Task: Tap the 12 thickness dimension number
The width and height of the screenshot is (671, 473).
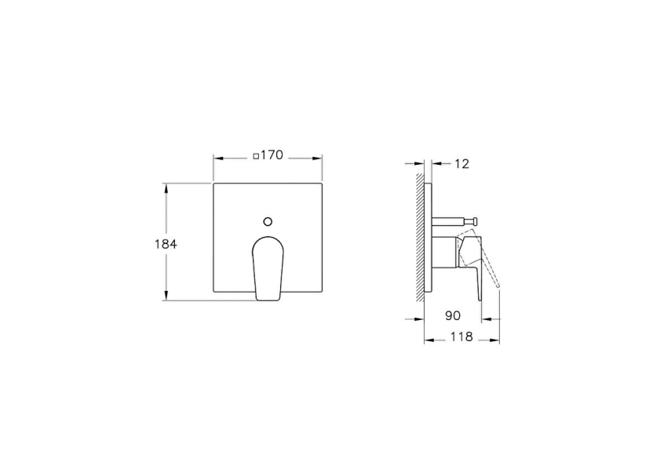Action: [x=461, y=164]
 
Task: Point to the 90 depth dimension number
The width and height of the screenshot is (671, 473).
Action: [x=452, y=315]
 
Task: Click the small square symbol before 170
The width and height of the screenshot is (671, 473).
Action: [x=256, y=157]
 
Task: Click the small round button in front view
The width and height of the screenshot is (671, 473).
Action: [x=268, y=221]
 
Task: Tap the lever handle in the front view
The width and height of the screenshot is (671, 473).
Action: [x=268, y=267]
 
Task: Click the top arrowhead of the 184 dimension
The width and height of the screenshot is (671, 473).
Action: [x=166, y=187]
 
